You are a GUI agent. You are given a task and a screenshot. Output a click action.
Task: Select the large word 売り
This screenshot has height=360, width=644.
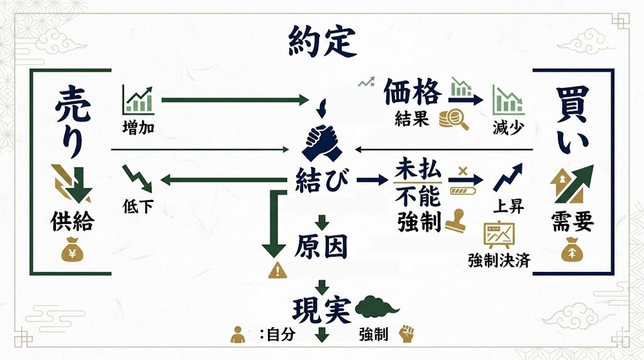click(x=70, y=123)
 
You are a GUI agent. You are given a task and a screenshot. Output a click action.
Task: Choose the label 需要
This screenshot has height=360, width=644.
click(x=573, y=222)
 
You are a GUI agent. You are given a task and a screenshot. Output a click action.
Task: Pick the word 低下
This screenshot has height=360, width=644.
click(x=138, y=206)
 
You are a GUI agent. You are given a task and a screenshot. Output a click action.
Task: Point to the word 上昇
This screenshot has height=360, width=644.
click(x=509, y=206)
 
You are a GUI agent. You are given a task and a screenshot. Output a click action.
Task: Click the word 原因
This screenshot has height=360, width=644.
click(x=321, y=247)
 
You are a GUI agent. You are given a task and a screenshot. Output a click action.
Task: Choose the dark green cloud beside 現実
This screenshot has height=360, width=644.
click(x=378, y=307)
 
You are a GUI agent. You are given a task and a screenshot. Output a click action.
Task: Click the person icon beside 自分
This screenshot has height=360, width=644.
click(x=238, y=334)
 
